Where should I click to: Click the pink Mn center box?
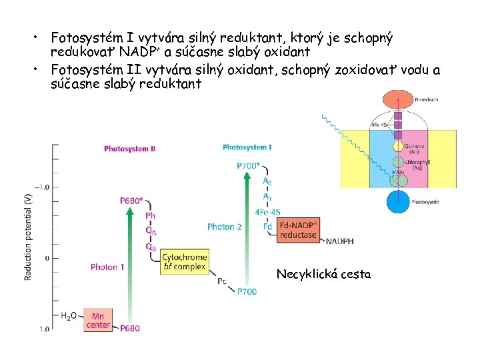(x=97, y=321)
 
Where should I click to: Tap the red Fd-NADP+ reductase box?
(x=298, y=230)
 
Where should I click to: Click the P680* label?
(x=131, y=200)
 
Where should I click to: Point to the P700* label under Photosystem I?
(x=248, y=165)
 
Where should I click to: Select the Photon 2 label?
(x=224, y=227)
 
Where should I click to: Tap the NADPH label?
(x=340, y=241)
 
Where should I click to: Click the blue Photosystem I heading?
(x=247, y=147)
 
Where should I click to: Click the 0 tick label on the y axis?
(x=46, y=258)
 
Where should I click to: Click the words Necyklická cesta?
(x=323, y=274)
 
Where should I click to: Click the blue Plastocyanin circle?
(x=398, y=200)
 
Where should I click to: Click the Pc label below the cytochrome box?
(x=222, y=281)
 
